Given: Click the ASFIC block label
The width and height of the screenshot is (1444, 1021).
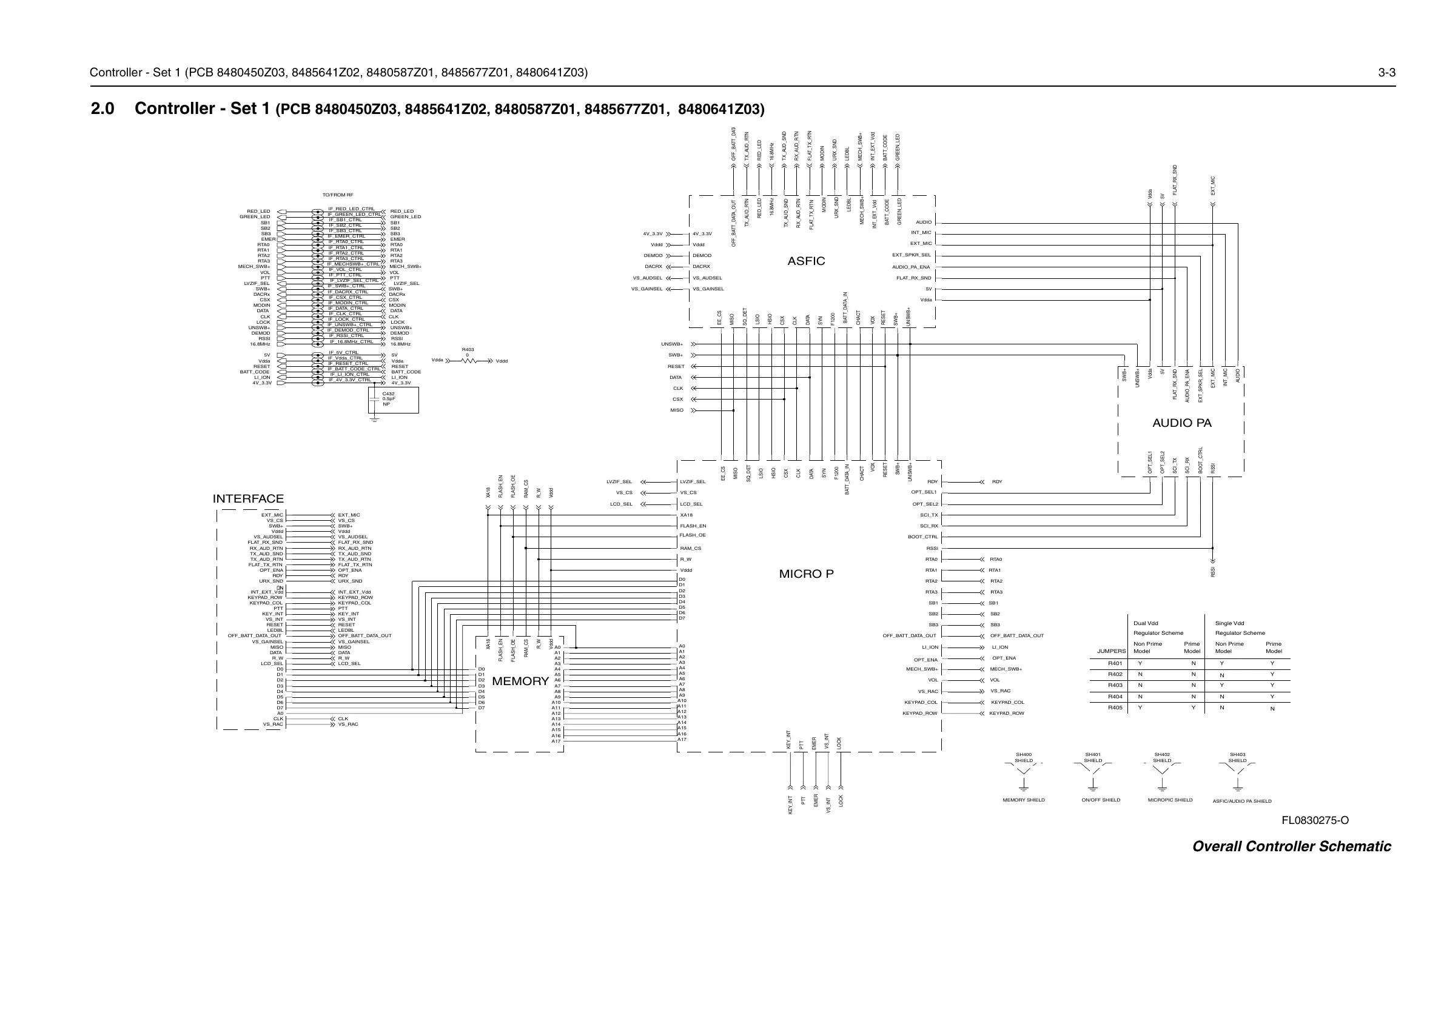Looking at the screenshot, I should coord(805,261).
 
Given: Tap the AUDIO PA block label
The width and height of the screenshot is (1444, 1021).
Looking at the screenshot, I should coord(1181,423).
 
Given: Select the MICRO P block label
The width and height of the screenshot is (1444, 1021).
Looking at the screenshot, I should coord(805,574).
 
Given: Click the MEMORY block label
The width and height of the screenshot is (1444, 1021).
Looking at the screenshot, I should coord(520,681).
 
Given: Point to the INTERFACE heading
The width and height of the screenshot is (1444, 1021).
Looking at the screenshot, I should coord(248,499).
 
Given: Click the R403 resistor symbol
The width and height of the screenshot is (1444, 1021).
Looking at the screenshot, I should coord(469,361).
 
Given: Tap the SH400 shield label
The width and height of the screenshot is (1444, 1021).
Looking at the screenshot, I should coord(1023,754).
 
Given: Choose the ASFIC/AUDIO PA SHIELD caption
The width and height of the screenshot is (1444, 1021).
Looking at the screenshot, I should coord(1241,802).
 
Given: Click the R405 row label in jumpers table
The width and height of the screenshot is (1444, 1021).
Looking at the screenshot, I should coord(1115,708).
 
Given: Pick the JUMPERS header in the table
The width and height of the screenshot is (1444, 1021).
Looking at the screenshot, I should coord(1111,651).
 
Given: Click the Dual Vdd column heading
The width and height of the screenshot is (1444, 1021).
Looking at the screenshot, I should coord(1145,624).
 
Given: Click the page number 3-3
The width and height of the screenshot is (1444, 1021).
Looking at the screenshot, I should coord(1387,72).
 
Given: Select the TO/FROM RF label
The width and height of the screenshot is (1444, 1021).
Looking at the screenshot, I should coord(338,195).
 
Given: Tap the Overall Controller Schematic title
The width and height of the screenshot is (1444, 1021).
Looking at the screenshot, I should coord(1291,847).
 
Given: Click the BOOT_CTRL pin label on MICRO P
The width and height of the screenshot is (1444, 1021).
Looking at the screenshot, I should coord(922,537).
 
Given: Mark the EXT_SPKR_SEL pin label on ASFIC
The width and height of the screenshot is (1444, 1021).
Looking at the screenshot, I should coord(911,255).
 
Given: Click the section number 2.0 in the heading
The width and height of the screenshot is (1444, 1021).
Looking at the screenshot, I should coord(102,109).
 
